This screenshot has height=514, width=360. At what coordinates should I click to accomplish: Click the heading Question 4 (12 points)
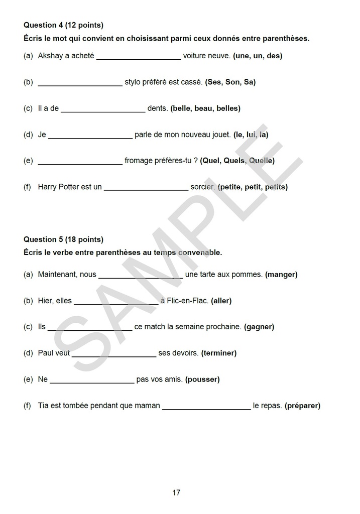click(63, 25)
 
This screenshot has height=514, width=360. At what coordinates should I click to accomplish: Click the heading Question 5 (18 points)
click(63, 239)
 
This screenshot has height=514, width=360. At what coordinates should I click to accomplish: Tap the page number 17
click(176, 492)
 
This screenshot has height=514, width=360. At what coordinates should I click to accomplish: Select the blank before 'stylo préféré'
click(80, 83)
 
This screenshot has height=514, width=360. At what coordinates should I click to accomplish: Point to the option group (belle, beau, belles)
click(205, 108)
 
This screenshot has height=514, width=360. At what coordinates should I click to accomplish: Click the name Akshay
click(49, 56)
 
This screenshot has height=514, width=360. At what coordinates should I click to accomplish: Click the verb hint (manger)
click(281, 275)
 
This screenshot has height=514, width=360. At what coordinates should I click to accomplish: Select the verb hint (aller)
click(221, 301)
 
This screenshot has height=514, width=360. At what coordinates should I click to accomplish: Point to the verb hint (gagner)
click(259, 327)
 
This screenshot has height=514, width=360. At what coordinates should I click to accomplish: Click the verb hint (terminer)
click(219, 353)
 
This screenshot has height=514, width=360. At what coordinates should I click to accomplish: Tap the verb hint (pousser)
click(202, 379)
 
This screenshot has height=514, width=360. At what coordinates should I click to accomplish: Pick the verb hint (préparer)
click(302, 406)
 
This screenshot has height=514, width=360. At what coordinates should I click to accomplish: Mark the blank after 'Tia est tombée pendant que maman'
click(206, 407)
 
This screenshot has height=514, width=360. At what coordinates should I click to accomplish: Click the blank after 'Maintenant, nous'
click(141, 276)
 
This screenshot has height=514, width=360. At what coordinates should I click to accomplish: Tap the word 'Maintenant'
click(57, 275)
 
